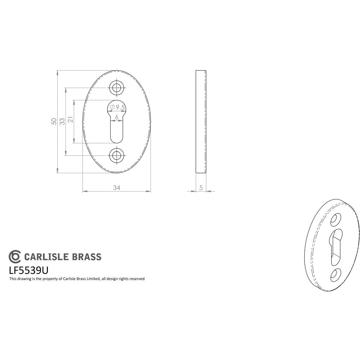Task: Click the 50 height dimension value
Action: (x=54, y=121)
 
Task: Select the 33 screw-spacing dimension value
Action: (x=62, y=121)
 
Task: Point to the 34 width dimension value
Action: (x=116, y=188)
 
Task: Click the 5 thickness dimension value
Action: (x=201, y=188)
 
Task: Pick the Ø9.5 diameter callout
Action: (x=118, y=107)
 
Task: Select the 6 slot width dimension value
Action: (x=117, y=117)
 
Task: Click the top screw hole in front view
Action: (x=116, y=87)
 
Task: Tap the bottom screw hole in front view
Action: (x=116, y=156)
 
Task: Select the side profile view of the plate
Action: (x=201, y=122)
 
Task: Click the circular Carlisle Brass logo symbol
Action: (x=15, y=256)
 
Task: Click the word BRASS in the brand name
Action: (x=87, y=257)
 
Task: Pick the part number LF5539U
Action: (x=28, y=270)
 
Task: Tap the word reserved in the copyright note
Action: (x=137, y=279)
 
